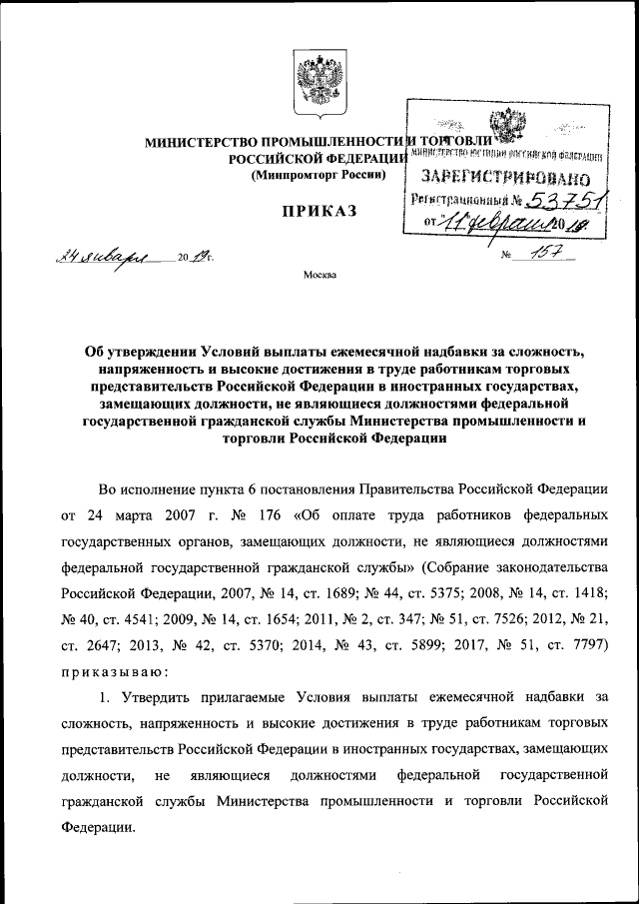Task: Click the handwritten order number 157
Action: click(550, 255)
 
